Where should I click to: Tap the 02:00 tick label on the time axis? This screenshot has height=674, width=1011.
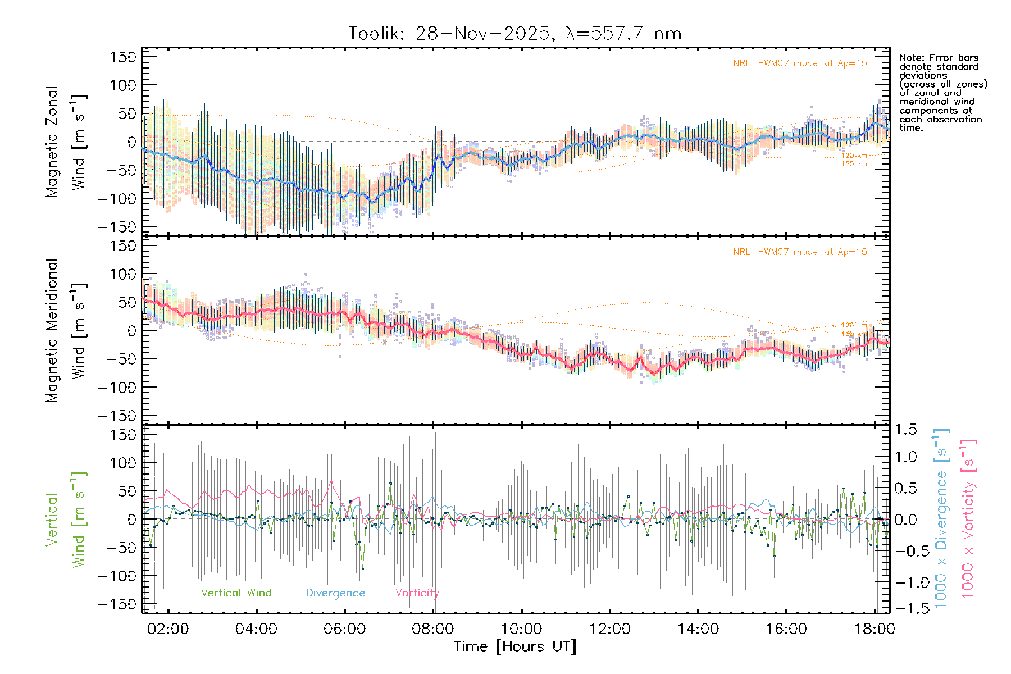167,629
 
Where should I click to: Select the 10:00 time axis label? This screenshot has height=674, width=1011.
521,629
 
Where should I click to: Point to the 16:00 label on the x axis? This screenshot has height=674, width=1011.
786,629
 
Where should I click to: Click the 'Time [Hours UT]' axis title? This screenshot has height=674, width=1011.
515,646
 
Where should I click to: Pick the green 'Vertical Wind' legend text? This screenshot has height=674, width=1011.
236,593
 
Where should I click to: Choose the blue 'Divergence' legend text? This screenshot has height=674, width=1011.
335,593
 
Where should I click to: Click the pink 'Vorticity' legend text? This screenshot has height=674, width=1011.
417,593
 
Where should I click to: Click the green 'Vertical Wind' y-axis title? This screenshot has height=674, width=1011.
66,520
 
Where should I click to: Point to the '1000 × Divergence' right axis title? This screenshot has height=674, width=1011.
941,518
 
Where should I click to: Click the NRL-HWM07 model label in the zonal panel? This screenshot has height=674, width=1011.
800,63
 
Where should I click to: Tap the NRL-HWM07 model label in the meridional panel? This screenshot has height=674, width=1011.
800,252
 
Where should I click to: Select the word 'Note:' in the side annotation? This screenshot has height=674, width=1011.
911,58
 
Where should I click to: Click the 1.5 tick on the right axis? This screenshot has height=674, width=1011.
905,430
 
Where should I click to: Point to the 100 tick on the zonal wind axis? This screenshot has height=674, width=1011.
123,85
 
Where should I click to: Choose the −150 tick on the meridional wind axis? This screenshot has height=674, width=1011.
117,416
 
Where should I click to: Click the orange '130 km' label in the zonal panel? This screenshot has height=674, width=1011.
854,164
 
